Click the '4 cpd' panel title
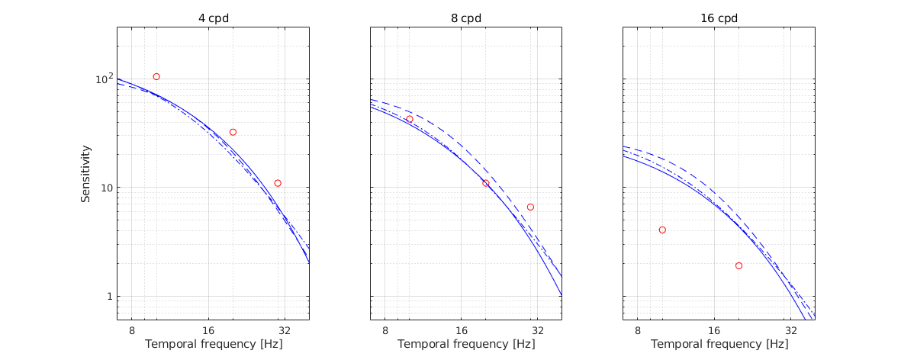click(x=213, y=18)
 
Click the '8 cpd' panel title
click(x=466, y=18)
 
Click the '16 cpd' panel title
click(x=719, y=18)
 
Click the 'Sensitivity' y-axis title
click(x=87, y=173)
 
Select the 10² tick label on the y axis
click(x=103, y=79)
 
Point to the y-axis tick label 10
click(x=105, y=188)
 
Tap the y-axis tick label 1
click(x=108, y=297)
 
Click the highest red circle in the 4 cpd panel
click(x=156, y=77)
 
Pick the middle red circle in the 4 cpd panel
click(x=233, y=132)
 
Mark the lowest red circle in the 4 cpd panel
click(x=278, y=183)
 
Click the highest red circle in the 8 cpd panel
click(x=410, y=119)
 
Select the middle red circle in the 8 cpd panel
click(x=486, y=183)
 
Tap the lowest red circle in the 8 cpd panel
click(x=530, y=207)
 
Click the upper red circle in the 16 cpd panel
click(x=662, y=230)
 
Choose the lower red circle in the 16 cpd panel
click(x=738, y=265)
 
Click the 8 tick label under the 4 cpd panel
click(x=132, y=330)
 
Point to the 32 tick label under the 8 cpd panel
click(x=538, y=330)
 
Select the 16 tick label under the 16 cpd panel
click(x=715, y=330)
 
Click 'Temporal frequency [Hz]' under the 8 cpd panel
click(x=466, y=344)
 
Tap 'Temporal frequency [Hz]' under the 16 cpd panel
click(x=719, y=344)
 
